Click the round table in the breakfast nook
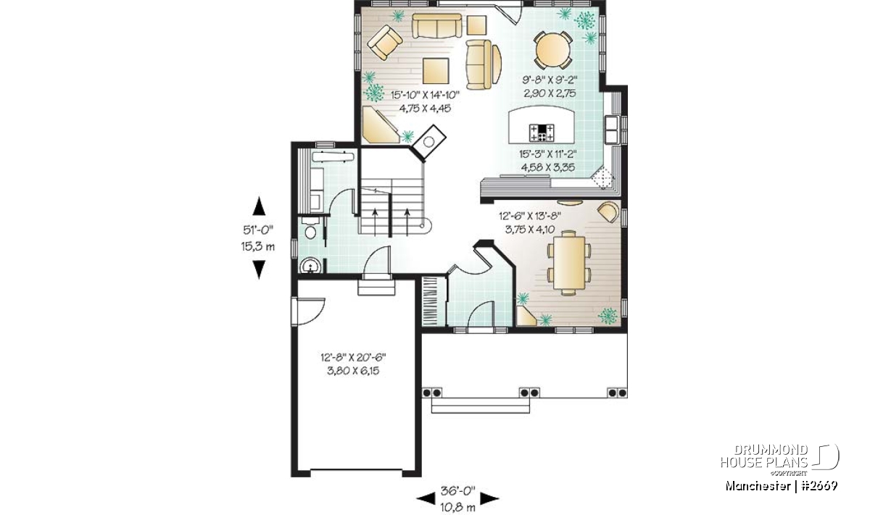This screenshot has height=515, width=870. click(552, 50)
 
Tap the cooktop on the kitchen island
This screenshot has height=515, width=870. click(542, 133)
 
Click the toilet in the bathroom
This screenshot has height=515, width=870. click(310, 229)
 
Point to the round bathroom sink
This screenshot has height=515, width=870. click(310, 266)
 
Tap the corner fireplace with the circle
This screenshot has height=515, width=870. click(428, 142)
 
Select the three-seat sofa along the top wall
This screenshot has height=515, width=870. click(436, 26)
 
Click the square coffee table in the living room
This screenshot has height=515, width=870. click(436, 71)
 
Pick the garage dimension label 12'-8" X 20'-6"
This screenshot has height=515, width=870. click(353, 356)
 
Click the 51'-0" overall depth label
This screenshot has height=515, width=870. click(259, 230)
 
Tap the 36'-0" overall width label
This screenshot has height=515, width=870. click(458, 491)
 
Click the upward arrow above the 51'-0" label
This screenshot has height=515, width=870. click(259, 206)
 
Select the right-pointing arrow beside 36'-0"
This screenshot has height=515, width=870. click(490, 498)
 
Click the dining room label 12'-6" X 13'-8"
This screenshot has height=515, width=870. click(530, 216)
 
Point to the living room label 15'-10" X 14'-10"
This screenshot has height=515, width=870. click(425, 94)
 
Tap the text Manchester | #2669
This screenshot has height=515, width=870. click(781, 486)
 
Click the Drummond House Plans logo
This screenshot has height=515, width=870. click(779, 459)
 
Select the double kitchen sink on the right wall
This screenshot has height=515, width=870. click(612, 129)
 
